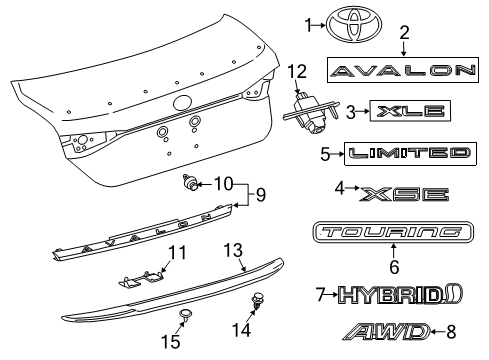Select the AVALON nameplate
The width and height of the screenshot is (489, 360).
(404, 70)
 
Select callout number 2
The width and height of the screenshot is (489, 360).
(404, 32)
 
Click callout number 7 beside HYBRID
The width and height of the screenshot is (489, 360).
(319, 295)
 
